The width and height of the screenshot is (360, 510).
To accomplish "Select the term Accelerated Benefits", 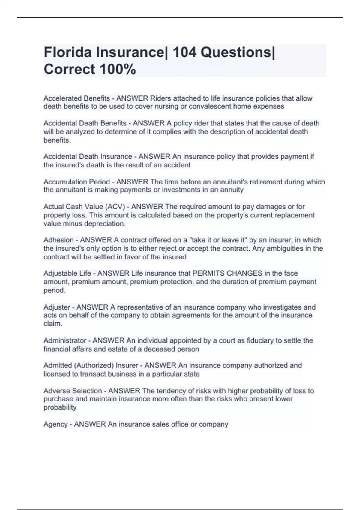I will [x=77, y=98].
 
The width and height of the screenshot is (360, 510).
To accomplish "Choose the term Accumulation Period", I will [x=77, y=182].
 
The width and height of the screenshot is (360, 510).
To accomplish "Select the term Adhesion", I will [x=58, y=240].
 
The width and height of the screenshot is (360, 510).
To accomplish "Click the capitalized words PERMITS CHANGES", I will [x=227, y=273].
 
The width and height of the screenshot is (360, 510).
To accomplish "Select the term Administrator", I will [x=65, y=340].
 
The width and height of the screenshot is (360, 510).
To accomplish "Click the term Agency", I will [x=55, y=424].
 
